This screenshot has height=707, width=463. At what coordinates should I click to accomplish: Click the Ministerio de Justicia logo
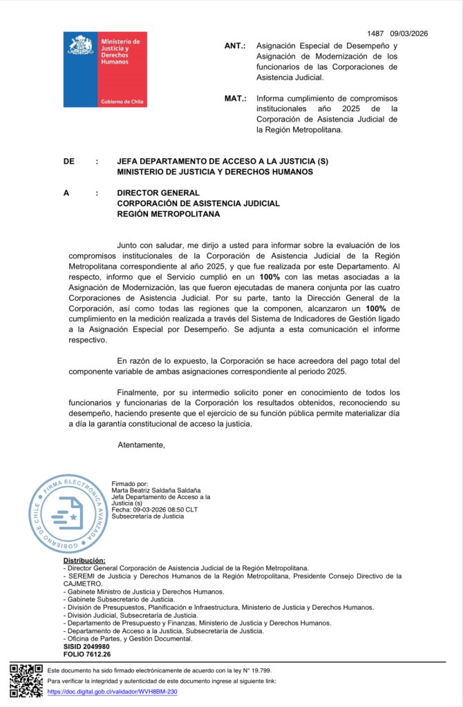(x=105, y=69)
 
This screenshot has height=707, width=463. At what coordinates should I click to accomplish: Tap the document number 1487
(x=375, y=33)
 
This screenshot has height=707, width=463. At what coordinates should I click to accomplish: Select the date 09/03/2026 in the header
(x=409, y=33)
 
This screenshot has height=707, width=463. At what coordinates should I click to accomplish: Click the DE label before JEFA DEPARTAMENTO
(x=68, y=162)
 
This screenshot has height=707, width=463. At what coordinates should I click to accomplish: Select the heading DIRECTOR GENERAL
(x=158, y=193)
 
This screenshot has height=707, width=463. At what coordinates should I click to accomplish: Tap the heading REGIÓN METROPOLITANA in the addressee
(x=168, y=214)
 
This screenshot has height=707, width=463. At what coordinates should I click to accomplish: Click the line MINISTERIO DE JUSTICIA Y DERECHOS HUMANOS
(x=215, y=172)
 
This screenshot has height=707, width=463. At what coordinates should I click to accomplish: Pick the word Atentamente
(x=141, y=444)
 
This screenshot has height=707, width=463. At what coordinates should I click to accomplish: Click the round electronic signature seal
(x=68, y=514)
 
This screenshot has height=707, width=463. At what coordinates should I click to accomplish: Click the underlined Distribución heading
(x=84, y=560)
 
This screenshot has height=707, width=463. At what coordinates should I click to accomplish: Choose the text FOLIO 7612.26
(x=87, y=654)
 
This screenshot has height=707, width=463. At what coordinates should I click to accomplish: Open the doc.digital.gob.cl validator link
(x=113, y=691)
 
